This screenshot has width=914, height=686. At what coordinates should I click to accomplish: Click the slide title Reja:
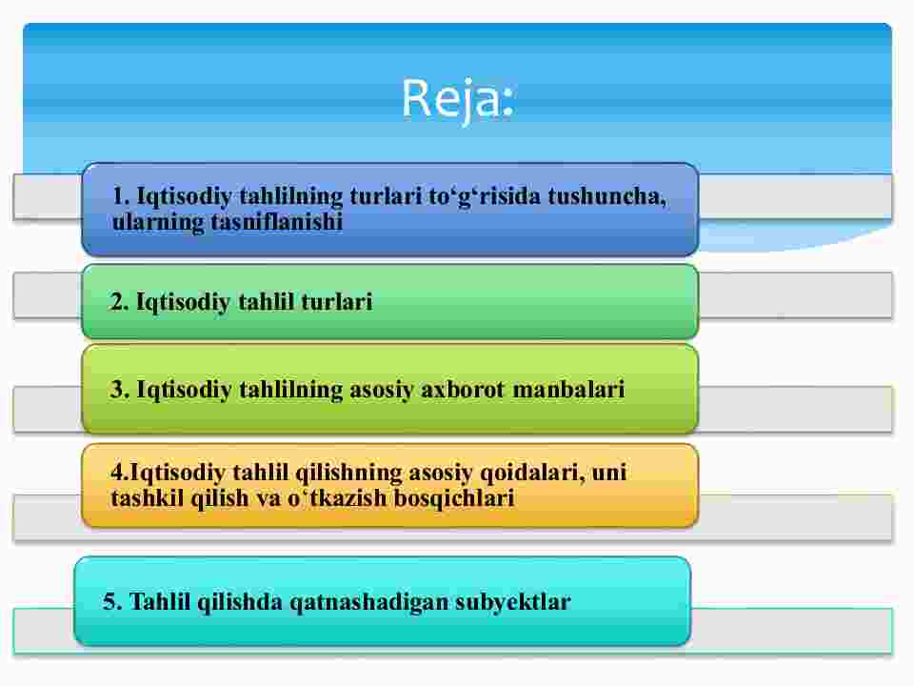[x=458, y=99]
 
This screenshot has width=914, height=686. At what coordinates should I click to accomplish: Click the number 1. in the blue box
[x=121, y=196]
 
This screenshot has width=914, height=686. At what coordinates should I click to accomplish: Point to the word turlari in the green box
[x=336, y=302]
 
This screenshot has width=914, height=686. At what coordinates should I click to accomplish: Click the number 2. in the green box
[x=120, y=302]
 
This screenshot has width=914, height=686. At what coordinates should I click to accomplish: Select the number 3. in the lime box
[x=120, y=390]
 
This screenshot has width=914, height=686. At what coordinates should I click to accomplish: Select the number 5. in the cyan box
[x=112, y=602]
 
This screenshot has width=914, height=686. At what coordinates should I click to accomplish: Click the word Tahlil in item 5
[x=160, y=602]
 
